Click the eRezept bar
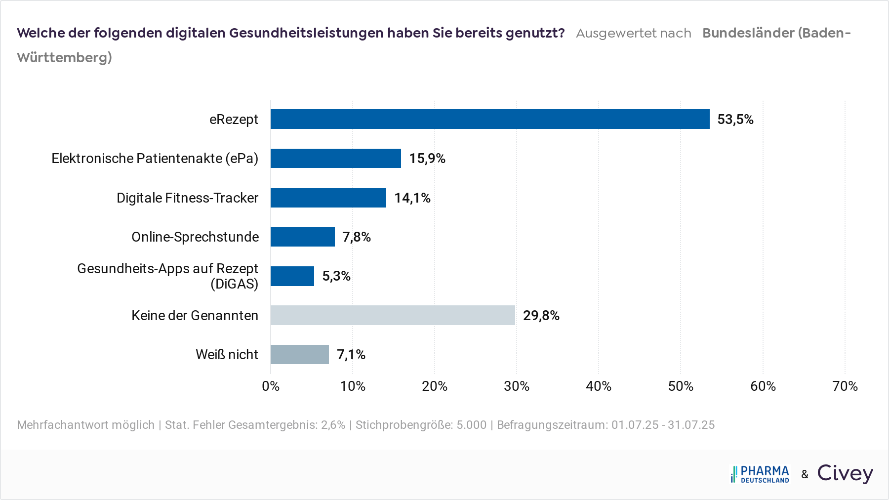(x=489, y=119)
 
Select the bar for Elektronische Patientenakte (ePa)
(x=336, y=158)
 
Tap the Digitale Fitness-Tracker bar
(x=328, y=198)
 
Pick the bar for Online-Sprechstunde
(x=303, y=237)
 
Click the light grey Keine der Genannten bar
(x=393, y=315)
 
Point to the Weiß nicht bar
(x=300, y=354)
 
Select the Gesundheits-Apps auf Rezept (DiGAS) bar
(x=292, y=276)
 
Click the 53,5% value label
(x=735, y=120)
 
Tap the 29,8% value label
(x=541, y=316)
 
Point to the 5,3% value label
(x=336, y=276)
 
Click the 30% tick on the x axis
(x=516, y=386)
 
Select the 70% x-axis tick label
(x=845, y=386)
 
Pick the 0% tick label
(x=271, y=386)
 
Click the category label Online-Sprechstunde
(x=195, y=237)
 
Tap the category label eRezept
(x=234, y=120)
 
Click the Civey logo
(x=845, y=473)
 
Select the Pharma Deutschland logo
(x=760, y=474)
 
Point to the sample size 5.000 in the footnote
(x=471, y=425)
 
